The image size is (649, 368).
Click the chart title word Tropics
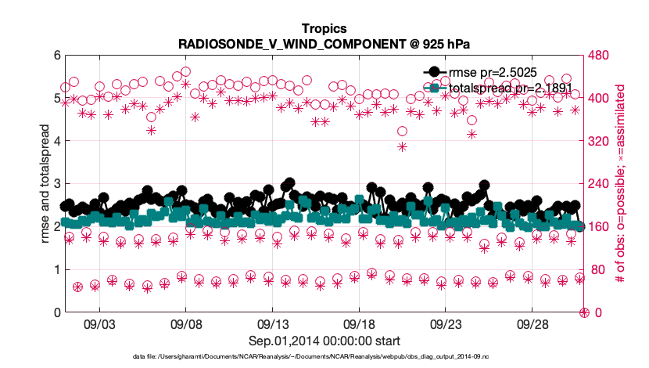324,28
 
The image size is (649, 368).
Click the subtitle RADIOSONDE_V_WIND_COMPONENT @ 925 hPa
324,43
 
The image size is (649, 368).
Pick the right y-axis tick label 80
597,270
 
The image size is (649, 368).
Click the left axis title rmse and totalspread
45,184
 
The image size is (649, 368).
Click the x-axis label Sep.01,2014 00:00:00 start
324,341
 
